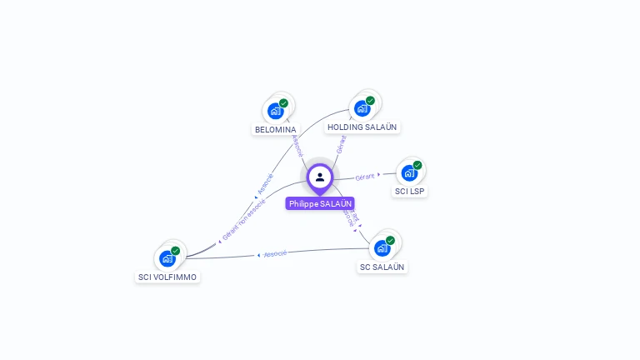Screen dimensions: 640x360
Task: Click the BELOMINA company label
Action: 275,130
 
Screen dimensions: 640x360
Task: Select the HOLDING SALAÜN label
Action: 362,127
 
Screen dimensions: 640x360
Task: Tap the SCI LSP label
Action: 410,191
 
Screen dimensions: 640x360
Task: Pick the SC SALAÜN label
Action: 382,267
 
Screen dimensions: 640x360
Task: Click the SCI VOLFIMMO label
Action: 167,277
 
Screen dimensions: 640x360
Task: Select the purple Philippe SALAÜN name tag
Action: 320,203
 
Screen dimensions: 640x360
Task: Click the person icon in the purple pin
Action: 320,177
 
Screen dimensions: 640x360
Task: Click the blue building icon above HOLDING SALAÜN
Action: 361,108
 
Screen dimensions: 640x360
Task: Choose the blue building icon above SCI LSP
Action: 408,172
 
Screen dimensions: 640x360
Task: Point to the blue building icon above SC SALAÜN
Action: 381,248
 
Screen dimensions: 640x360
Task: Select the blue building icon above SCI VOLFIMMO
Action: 167,258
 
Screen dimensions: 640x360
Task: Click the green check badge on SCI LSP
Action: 417,165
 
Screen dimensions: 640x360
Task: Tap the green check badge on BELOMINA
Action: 283,103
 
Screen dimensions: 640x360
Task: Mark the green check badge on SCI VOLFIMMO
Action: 176,251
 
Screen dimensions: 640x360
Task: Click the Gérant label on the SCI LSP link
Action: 365,177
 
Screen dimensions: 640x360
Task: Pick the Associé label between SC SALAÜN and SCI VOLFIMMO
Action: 275,253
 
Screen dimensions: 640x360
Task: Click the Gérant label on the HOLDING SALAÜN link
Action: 341,143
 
